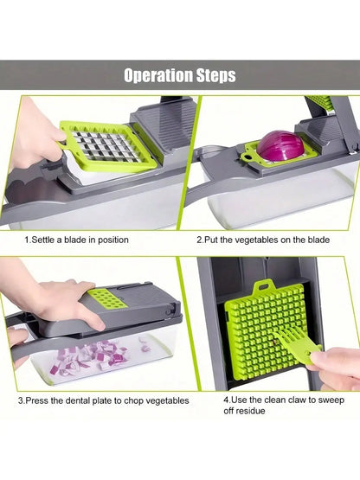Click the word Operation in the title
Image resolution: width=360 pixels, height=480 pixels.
(x=157, y=75)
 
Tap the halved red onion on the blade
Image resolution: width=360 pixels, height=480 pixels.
(x=281, y=146)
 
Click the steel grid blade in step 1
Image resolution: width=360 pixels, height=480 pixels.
(x=97, y=146)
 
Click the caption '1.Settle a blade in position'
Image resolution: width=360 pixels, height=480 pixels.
(x=76, y=239)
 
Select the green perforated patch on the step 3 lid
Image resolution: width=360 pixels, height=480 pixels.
(x=104, y=299)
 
